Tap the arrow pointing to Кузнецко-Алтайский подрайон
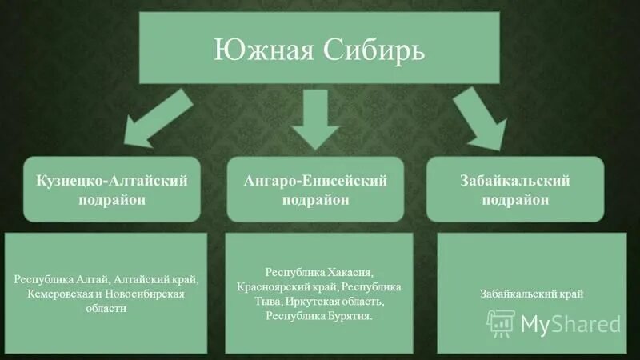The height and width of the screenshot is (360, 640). pos(161,119)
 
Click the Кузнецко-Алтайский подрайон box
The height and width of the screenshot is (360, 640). pos(112,190)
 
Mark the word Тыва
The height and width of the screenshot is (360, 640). pos(272,302)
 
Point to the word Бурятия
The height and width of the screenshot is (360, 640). pos(351,316)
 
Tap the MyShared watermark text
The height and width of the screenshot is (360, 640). pos(570,323)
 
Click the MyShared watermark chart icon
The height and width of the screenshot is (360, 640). pos(501,322)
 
